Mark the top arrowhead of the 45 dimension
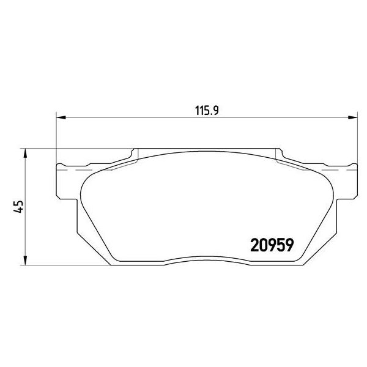click(x=26, y=152)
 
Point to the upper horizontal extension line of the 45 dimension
click(x=80, y=147)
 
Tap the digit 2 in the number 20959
click(x=256, y=245)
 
